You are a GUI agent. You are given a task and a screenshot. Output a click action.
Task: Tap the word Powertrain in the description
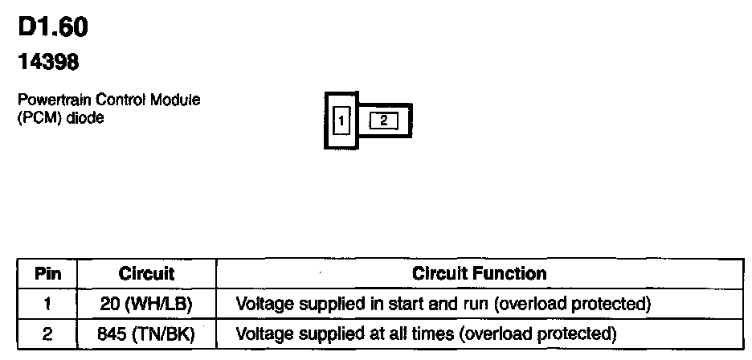click(x=46, y=100)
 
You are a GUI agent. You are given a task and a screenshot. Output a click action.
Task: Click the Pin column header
click(x=47, y=274)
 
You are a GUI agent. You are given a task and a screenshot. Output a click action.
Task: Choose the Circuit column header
click(x=146, y=274)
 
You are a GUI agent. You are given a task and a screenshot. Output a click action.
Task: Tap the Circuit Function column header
click(x=479, y=274)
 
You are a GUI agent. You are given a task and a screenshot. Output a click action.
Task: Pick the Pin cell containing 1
click(x=47, y=305)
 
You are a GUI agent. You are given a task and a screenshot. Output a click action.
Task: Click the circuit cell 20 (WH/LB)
click(x=147, y=305)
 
